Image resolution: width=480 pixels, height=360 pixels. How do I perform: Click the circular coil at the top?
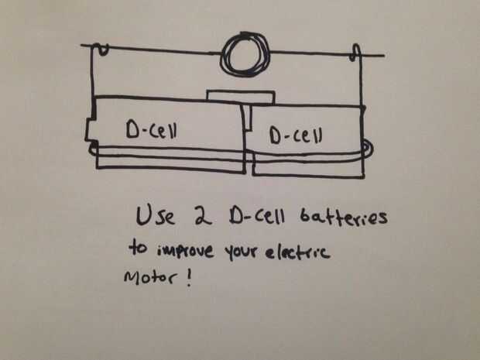pyautogui.click(x=243, y=54)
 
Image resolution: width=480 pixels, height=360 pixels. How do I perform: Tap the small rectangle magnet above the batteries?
pyautogui.click(x=240, y=97)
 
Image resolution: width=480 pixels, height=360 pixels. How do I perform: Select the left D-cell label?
pyautogui.click(x=152, y=132)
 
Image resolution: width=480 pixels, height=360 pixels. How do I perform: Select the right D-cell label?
pyautogui.click(x=296, y=135)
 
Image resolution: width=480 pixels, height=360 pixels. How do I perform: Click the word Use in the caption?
pyautogui.click(x=155, y=214)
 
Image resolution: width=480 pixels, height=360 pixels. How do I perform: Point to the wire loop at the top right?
pyautogui.click(x=356, y=55)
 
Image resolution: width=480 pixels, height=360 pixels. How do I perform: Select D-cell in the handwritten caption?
pyautogui.click(x=251, y=217)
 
